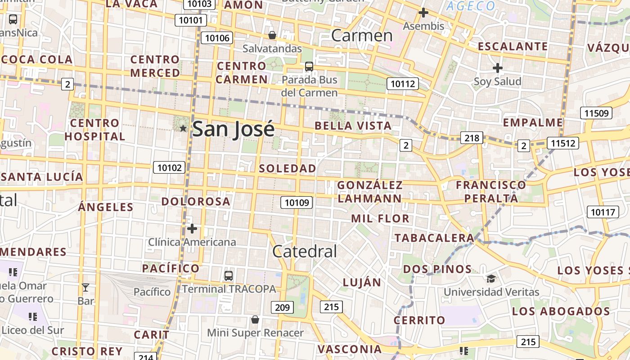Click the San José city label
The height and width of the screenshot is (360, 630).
pos(233,129)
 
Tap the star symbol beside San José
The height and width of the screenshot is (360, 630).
pos(183,128)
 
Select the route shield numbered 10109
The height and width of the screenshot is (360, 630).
pos(297,202)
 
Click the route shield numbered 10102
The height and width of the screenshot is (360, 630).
pos(169,168)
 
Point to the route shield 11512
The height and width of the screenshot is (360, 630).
pos(563,143)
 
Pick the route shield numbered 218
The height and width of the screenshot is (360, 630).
pos(472,138)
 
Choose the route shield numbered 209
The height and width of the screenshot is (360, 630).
pos(282,308)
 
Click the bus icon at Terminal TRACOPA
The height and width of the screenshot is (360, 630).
pos(229,275)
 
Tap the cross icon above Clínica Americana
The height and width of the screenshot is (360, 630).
pos(192,229)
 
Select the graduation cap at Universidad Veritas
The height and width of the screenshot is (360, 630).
pos(491,279)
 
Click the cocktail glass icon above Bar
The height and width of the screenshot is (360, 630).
pos(85,287)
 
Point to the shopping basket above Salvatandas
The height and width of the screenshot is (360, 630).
pos(272,35)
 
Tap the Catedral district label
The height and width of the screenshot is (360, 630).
pos(305,251)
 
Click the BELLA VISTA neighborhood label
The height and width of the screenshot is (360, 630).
pos(353,126)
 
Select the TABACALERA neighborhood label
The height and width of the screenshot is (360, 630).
pos(434,238)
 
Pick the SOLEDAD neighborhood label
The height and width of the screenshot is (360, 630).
pos(288,168)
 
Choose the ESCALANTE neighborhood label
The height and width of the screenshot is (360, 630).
pos(513,46)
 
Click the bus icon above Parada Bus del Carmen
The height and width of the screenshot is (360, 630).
pos(309,67)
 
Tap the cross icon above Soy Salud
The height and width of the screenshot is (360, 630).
pos(497,68)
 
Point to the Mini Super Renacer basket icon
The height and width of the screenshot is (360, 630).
pos(255,319)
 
